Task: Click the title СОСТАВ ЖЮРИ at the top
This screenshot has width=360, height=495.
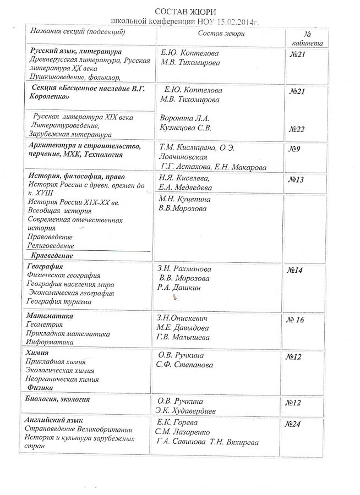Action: [185, 11]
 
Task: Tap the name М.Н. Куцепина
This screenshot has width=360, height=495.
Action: [184, 199]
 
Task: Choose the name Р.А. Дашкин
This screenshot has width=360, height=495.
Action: [179, 288]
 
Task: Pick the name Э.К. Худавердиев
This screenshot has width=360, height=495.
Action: [186, 411]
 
